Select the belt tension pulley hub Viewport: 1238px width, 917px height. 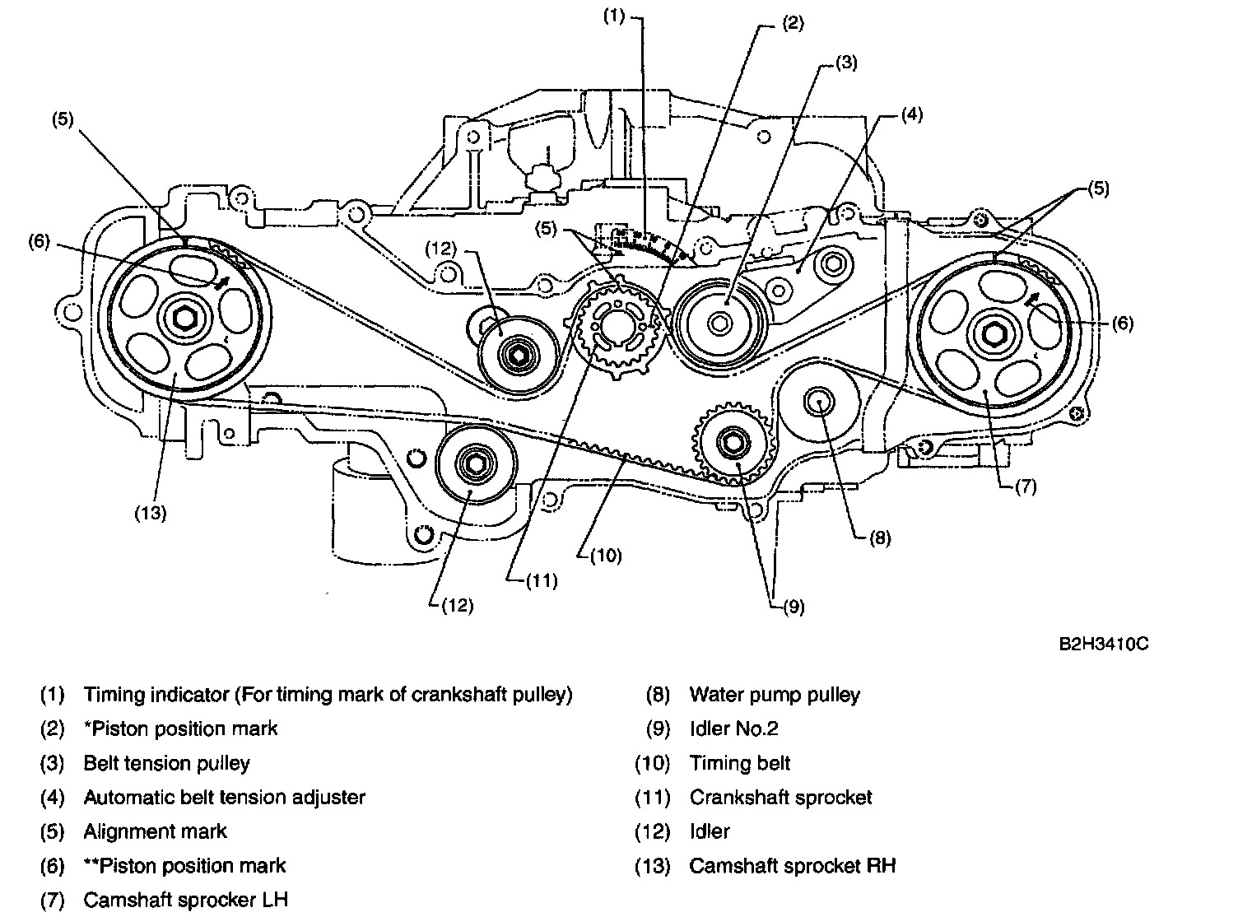[x=720, y=323]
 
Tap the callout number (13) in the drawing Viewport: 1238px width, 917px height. [x=151, y=514]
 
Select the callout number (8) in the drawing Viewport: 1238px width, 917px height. [x=878, y=538]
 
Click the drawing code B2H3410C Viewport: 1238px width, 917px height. [x=1104, y=643]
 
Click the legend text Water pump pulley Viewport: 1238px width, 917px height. [x=774, y=695]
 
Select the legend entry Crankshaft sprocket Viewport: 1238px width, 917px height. [x=780, y=797]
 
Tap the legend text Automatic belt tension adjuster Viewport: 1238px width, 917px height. [x=224, y=797]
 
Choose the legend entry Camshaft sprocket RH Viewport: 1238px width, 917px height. [x=792, y=865]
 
